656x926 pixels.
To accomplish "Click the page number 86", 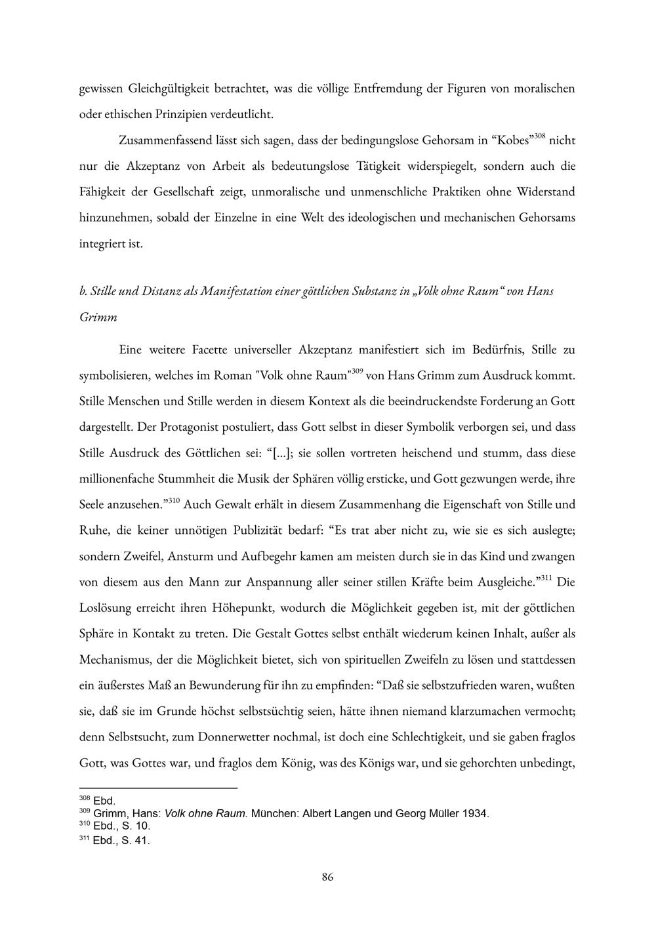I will tap(328, 877).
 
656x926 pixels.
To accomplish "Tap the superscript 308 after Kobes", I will tap(539, 136).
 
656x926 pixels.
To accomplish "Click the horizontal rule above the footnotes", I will tap(157, 787).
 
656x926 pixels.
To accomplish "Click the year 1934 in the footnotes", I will tap(475, 814).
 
